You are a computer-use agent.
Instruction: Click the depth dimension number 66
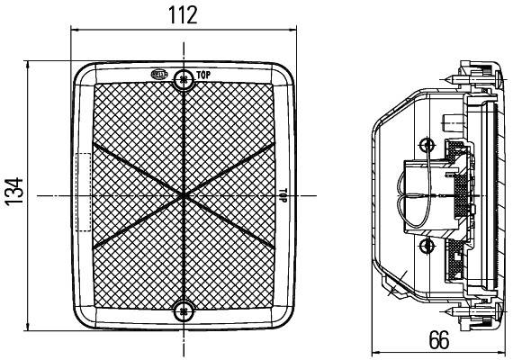pyautogui.click(x=438, y=340)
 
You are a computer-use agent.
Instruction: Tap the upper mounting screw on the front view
pyautogui.click(x=184, y=78)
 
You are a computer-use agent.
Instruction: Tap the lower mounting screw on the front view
pyautogui.click(x=184, y=311)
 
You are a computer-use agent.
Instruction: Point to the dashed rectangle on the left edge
pyautogui.click(x=82, y=192)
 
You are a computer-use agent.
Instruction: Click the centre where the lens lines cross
pyautogui.click(x=184, y=193)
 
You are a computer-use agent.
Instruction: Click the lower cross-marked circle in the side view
pyautogui.click(x=427, y=243)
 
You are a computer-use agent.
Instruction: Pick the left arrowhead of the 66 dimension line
pyautogui.click(x=377, y=353)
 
